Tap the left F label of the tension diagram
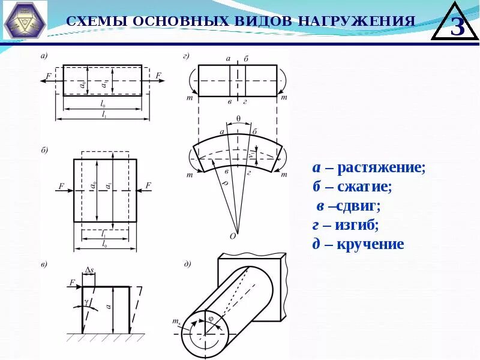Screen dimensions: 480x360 pyautogui.click(x=49, y=76)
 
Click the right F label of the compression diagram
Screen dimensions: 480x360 pyautogui.click(x=148, y=186)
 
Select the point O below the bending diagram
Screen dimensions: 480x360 pyautogui.click(x=233, y=236)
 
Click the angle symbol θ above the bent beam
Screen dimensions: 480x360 pyautogui.click(x=238, y=119)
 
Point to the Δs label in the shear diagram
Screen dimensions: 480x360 pyautogui.click(x=89, y=271)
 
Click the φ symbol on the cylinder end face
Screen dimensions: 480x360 pyautogui.click(x=210, y=319)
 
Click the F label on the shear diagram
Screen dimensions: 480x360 pyautogui.click(x=72, y=281)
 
